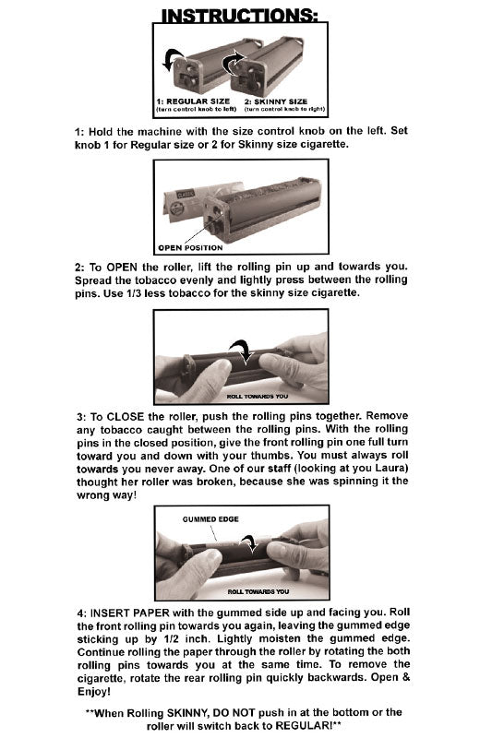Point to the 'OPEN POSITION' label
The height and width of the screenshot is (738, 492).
click(x=190, y=247)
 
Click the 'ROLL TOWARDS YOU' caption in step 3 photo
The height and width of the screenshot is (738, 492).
click(x=257, y=397)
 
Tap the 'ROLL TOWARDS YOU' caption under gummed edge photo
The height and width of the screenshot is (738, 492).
click(x=257, y=591)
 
